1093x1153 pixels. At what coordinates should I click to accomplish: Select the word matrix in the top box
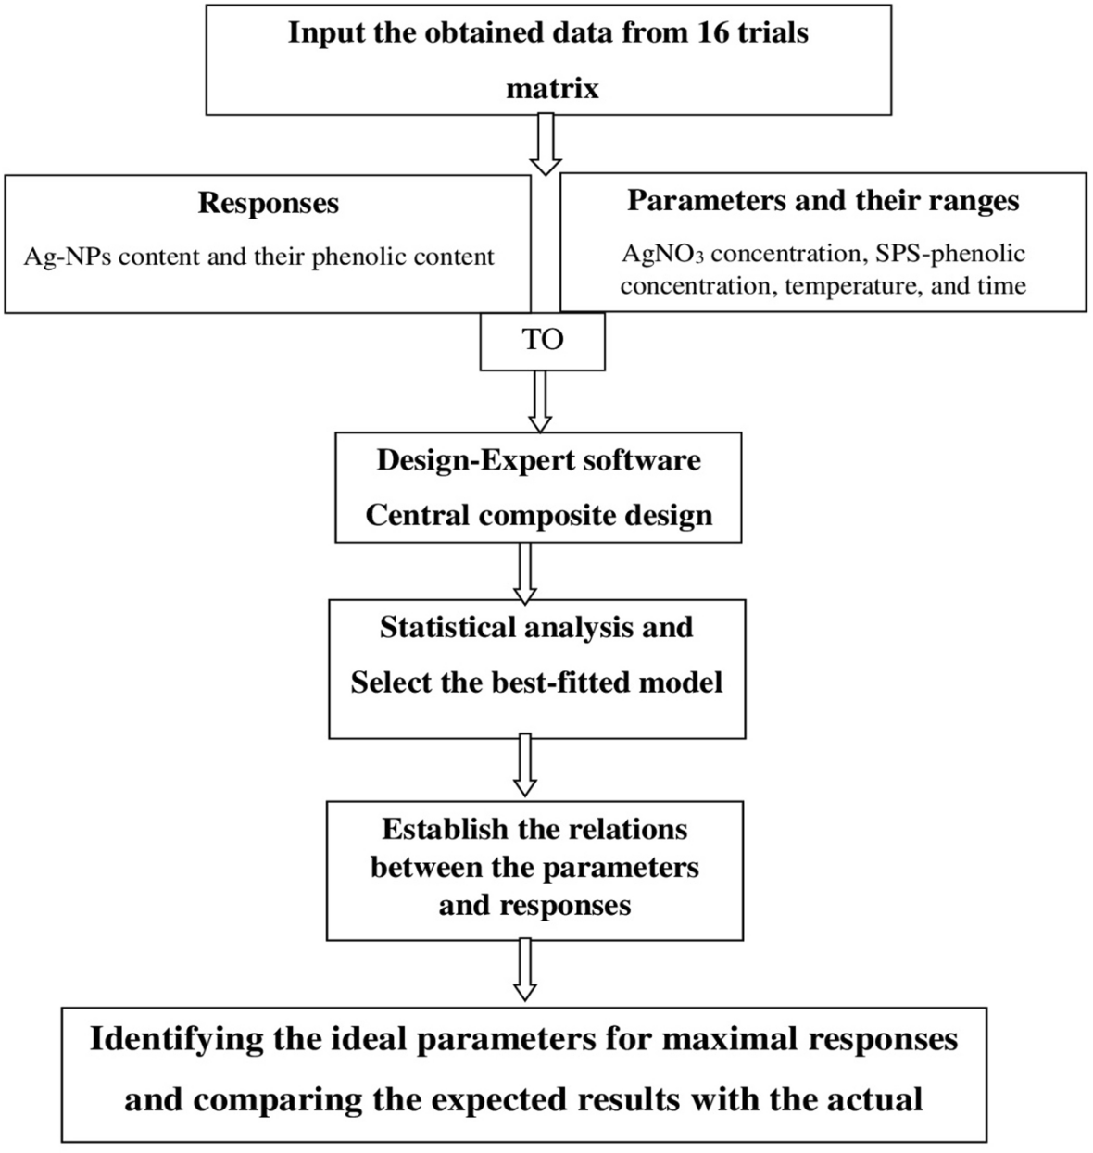coord(552,89)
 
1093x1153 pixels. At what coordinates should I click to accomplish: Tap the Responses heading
coord(268,204)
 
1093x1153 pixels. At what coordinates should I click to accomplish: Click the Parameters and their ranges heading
coord(823,201)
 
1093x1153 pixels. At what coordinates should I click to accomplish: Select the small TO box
coord(542,341)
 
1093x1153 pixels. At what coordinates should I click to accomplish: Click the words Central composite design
coord(538,515)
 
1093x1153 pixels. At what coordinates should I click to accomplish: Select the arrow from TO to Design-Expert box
coord(538,401)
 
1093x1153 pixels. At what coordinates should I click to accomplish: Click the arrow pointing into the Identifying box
coord(525,970)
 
